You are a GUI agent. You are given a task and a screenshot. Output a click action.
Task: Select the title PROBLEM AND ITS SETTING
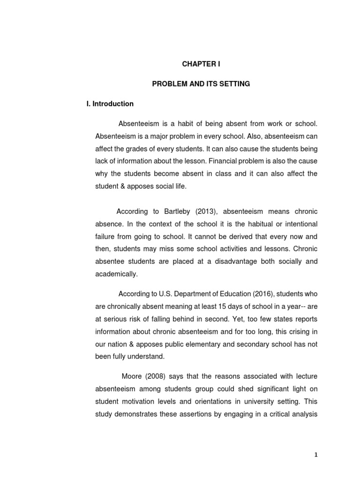(x=201, y=84)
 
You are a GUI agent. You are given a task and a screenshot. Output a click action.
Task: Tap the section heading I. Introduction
(x=107, y=104)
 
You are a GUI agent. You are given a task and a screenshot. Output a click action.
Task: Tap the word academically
(x=116, y=273)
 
